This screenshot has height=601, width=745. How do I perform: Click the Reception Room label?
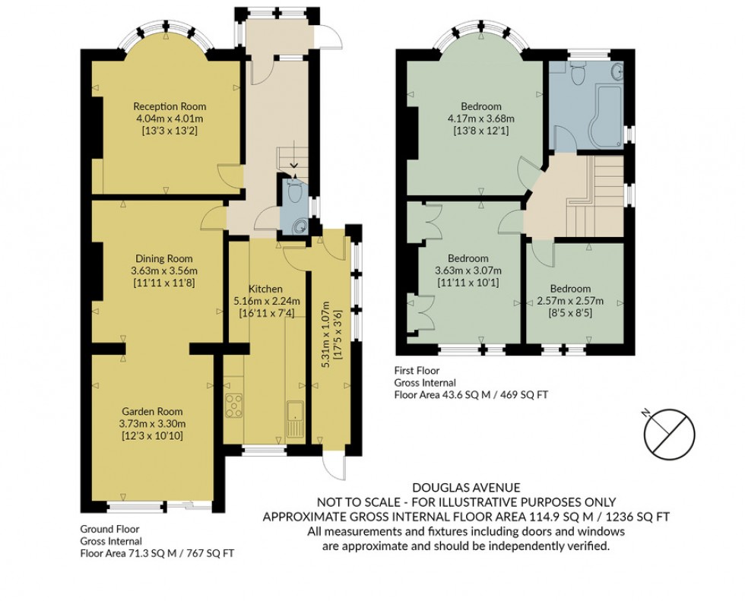point(170,106)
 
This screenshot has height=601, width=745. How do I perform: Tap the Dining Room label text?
point(159,258)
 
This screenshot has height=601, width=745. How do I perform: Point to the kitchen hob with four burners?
point(233,406)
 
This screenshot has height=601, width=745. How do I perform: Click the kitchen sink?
point(295,420)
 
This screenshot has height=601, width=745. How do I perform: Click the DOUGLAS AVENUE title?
point(467,488)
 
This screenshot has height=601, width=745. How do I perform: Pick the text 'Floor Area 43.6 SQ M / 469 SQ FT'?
point(471,395)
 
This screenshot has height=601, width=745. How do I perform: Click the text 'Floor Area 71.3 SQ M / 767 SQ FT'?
point(157,554)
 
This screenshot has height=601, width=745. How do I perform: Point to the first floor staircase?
point(594,198)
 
